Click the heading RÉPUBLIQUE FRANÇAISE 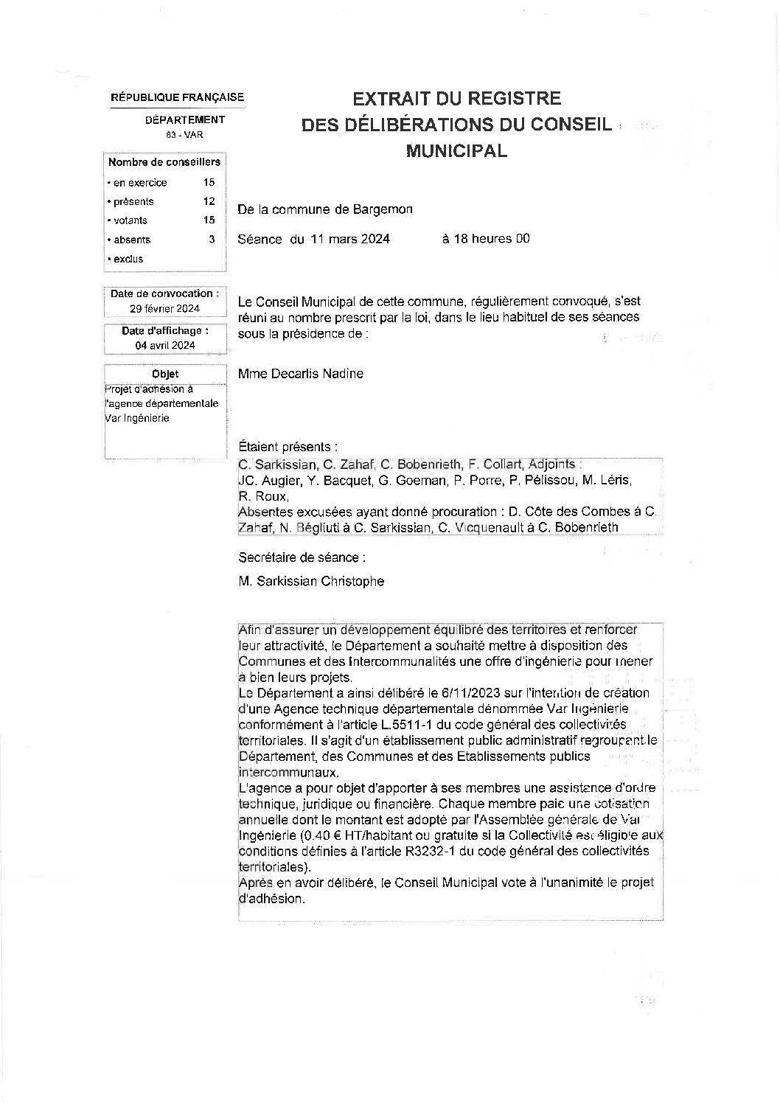(177, 97)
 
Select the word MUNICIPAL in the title (457, 151)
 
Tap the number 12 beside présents (209, 201)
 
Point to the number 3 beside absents (212, 240)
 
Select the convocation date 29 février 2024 (165, 309)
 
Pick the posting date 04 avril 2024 (165, 345)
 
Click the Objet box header (165, 374)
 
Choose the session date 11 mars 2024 (349, 239)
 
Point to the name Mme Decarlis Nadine (301, 374)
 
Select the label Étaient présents (288, 447)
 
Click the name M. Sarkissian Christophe (311, 581)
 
